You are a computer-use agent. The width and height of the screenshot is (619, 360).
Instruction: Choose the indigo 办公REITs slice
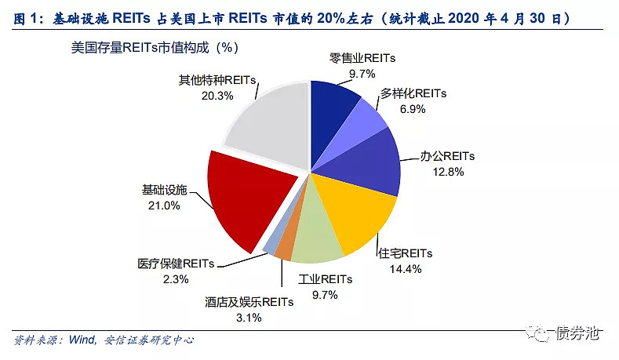click(x=369, y=161)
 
